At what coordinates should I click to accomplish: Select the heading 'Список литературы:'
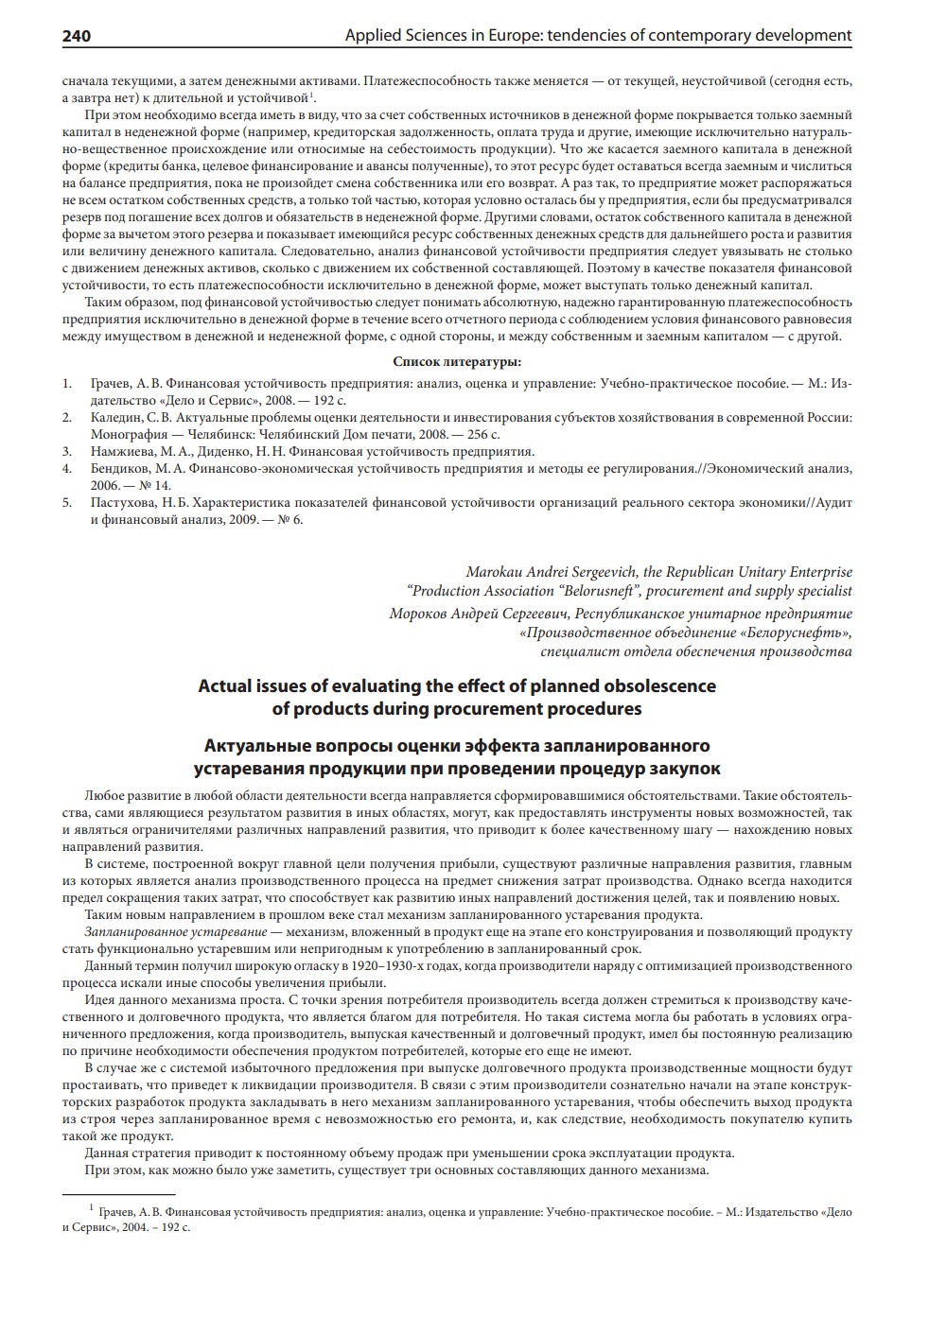click(457, 361)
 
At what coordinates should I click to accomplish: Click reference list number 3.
click(67, 451)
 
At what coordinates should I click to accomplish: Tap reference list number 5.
click(67, 503)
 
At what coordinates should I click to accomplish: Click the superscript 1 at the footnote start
click(92, 1207)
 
